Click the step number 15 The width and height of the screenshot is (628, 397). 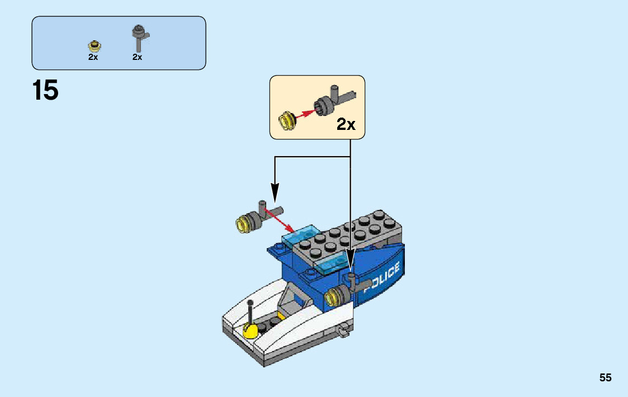(x=45, y=91)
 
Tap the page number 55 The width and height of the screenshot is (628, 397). (x=605, y=378)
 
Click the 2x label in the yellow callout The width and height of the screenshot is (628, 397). (x=346, y=124)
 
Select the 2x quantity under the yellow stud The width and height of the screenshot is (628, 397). (x=93, y=57)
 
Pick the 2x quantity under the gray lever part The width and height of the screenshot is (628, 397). (x=137, y=57)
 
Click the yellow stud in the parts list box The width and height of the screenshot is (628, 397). (x=93, y=45)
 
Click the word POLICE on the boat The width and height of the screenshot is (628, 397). (x=382, y=278)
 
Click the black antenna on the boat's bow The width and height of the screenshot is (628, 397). (x=249, y=311)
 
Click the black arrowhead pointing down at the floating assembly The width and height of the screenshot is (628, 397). (x=274, y=193)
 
